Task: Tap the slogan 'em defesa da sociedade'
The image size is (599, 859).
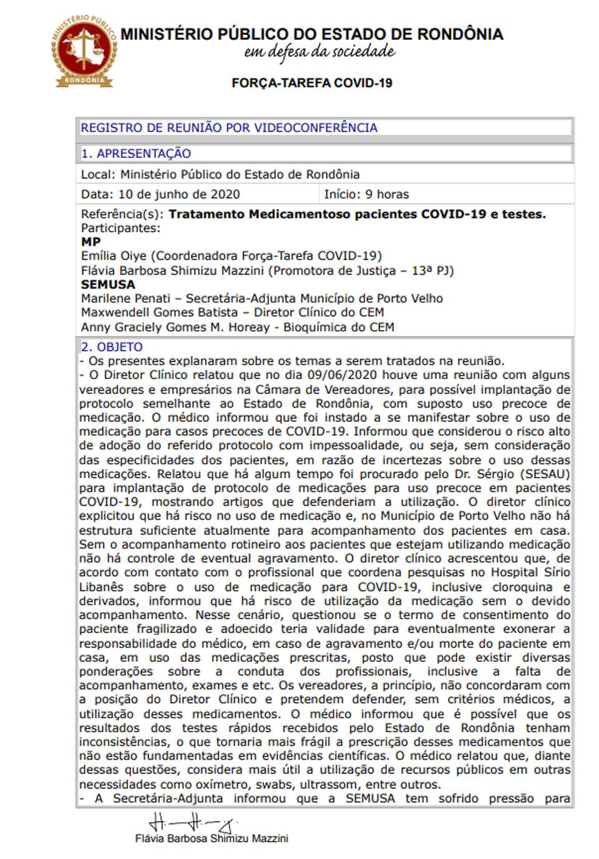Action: point(319,52)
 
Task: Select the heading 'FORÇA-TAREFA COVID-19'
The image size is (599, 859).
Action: point(312,83)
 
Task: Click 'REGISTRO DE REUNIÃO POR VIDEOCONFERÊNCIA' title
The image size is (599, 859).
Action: point(229,128)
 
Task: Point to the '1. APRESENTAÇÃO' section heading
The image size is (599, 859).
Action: point(136,154)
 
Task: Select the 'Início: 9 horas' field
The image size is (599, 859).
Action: point(366,194)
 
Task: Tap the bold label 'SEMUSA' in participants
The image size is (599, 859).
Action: point(108,285)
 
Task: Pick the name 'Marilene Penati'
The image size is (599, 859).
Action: point(125,298)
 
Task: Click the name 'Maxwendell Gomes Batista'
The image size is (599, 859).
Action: point(159,312)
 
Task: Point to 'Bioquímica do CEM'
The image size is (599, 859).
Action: point(339,327)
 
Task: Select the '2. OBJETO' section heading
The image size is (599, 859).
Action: point(112,347)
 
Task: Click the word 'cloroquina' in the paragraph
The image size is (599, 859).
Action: point(522,587)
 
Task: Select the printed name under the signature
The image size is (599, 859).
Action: point(212,838)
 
